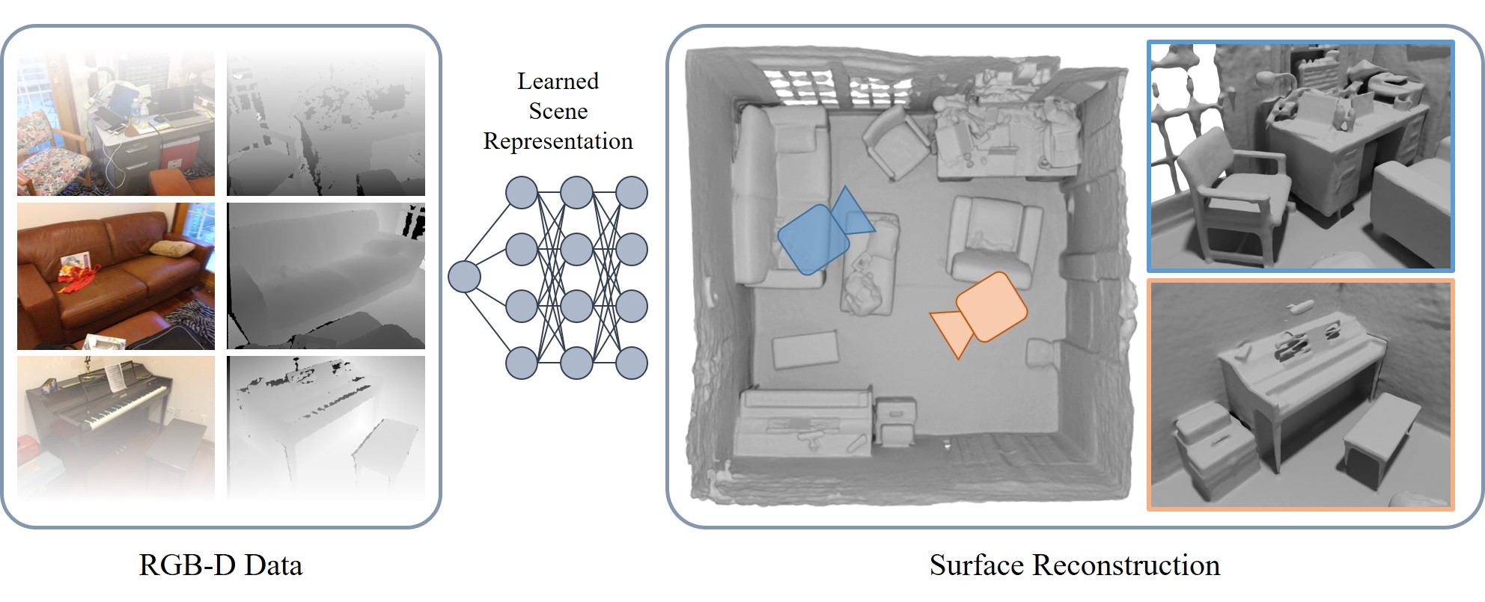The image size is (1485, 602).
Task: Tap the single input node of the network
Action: (x=463, y=277)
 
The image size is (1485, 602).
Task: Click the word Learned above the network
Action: (x=558, y=81)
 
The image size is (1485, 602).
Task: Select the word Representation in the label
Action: (x=558, y=141)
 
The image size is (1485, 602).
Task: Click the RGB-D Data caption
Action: (x=221, y=565)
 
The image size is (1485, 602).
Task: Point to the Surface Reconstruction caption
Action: (x=1074, y=565)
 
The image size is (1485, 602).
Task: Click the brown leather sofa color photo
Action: (x=115, y=275)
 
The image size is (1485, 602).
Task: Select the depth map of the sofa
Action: (x=326, y=275)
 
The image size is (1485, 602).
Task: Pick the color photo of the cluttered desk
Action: (x=115, y=123)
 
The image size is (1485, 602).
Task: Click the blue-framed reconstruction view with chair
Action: (x=1301, y=156)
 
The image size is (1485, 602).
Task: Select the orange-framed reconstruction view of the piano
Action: (x=1301, y=395)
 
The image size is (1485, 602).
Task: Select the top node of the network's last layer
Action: (x=632, y=192)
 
